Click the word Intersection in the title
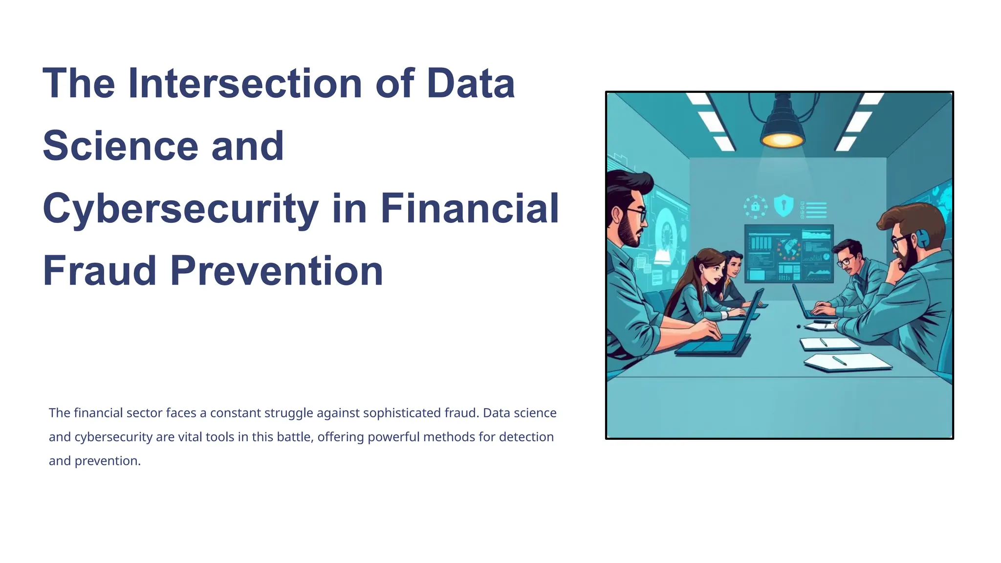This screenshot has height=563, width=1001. [x=244, y=83]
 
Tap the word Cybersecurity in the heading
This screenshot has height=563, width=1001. [x=180, y=209]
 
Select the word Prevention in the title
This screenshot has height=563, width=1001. [x=276, y=271]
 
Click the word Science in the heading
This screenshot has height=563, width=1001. [x=120, y=146]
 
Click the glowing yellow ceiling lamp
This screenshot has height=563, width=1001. [x=782, y=139]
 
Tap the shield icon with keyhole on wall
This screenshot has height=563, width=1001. [x=783, y=206]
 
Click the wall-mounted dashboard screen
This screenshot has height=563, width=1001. [x=788, y=254]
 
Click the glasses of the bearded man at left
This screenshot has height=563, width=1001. [x=636, y=214]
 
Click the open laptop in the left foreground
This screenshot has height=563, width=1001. [x=718, y=337]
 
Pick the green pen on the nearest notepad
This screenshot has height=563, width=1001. [x=839, y=361]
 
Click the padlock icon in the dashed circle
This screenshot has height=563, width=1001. [x=755, y=206]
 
